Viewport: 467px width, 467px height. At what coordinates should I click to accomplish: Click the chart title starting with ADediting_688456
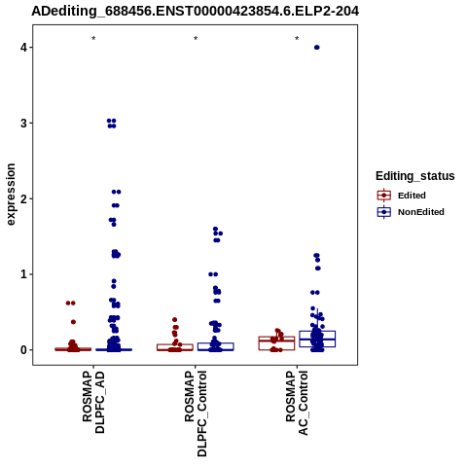click(x=196, y=12)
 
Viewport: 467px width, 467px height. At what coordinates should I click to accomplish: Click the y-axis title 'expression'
click(x=11, y=195)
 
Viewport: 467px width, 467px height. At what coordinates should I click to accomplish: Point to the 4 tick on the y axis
click(x=23, y=48)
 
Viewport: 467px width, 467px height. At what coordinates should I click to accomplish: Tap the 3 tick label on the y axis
click(x=23, y=123)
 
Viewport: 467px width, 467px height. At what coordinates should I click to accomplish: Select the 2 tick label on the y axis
click(x=23, y=198)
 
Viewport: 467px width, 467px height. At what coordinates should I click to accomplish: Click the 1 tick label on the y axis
click(x=23, y=274)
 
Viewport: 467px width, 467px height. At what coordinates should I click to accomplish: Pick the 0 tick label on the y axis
click(x=23, y=349)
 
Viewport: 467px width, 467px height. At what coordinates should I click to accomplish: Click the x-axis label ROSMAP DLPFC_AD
click(x=93, y=402)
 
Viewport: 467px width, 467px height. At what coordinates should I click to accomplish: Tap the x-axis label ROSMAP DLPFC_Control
click(x=196, y=413)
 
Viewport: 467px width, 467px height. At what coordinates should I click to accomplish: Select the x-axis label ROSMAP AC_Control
click(x=297, y=403)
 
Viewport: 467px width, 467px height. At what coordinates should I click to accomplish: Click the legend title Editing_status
click(x=415, y=176)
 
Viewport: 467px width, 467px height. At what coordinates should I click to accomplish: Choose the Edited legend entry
click(x=412, y=196)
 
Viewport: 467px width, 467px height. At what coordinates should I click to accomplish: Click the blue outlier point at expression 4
click(x=317, y=48)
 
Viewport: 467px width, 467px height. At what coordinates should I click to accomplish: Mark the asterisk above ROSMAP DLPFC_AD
click(x=93, y=38)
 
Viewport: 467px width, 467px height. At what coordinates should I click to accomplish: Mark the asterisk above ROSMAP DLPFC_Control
click(x=196, y=38)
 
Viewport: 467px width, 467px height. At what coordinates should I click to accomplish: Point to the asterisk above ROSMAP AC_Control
click(x=297, y=38)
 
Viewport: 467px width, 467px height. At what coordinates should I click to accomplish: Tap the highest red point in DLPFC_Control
click(x=174, y=320)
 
